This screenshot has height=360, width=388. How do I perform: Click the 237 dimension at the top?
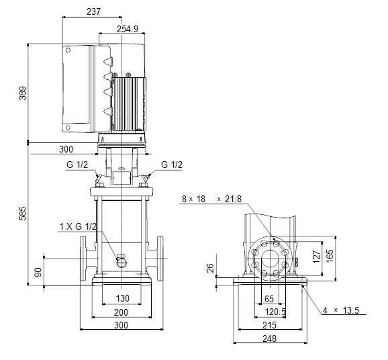pyautogui.click(x=93, y=11)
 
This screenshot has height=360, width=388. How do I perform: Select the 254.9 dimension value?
pyautogui.click(x=128, y=29)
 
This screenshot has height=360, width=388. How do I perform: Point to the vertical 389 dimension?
pyautogui.click(x=22, y=93)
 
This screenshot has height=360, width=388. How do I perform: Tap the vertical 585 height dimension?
pyautogui.click(x=22, y=213)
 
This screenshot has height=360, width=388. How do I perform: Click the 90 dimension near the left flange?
pyautogui.click(x=38, y=272)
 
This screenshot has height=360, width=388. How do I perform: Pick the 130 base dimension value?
pyautogui.click(x=122, y=298)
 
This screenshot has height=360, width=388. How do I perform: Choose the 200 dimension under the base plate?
pyautogui.click(x=121, y=312)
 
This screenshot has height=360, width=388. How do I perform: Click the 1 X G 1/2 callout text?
pyautogui.click(x=78, y=226)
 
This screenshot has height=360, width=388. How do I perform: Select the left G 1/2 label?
pyautogui.click(x=77, y=165)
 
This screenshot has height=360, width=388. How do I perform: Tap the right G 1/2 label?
pyautogui.click(x=172, y=165)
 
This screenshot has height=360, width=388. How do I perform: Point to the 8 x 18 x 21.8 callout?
pyautogui.click(x=211, y=199)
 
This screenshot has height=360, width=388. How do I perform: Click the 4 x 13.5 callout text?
pyautogui.click(x=341, y=310)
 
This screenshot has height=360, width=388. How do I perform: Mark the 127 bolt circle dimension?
pyautogui.click(x=316, y=257)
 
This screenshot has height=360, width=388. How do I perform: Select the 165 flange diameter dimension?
pyautogui.click(x=330, y=256)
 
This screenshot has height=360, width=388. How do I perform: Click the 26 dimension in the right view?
pyautogui.click(x=210, y=268)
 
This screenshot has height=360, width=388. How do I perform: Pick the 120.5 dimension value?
pyautogui.click(x=275, y=312)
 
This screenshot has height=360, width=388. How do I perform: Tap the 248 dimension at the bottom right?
pyautogui.click(x=269, y=339)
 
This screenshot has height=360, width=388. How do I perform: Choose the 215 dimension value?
pyautogui.click(x=269, y=325)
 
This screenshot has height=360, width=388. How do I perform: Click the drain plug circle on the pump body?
pyautogui.click(x=122, y=263)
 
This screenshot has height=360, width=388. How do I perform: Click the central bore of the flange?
pyautogui.click(x=270, y=258)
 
